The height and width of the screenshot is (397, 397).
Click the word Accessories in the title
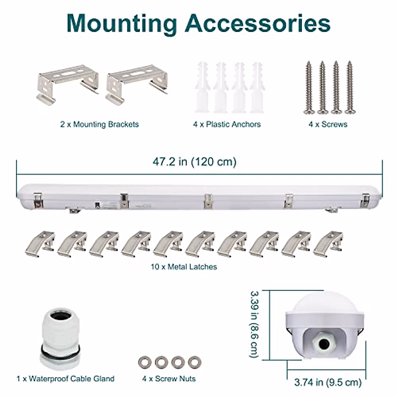click(x=258, y=23)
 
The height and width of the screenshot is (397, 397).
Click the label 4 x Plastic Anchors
click(x=227, y=124)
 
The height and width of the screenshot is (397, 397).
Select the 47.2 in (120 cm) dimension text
click(x=195, y=162)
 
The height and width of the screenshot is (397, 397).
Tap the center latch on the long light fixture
click(x=208, y=201)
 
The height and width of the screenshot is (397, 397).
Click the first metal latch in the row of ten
click(x=40, y=244)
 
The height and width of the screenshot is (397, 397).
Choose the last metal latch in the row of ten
click(x=328, y=244)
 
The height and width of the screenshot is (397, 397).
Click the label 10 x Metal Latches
click(x=184, y=267)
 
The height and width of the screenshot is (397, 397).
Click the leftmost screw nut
click(x=145, y=362)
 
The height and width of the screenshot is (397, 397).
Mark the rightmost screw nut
click(x=194, y=362)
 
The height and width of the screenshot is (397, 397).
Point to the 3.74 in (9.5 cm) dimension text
click(x=328, y=382)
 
